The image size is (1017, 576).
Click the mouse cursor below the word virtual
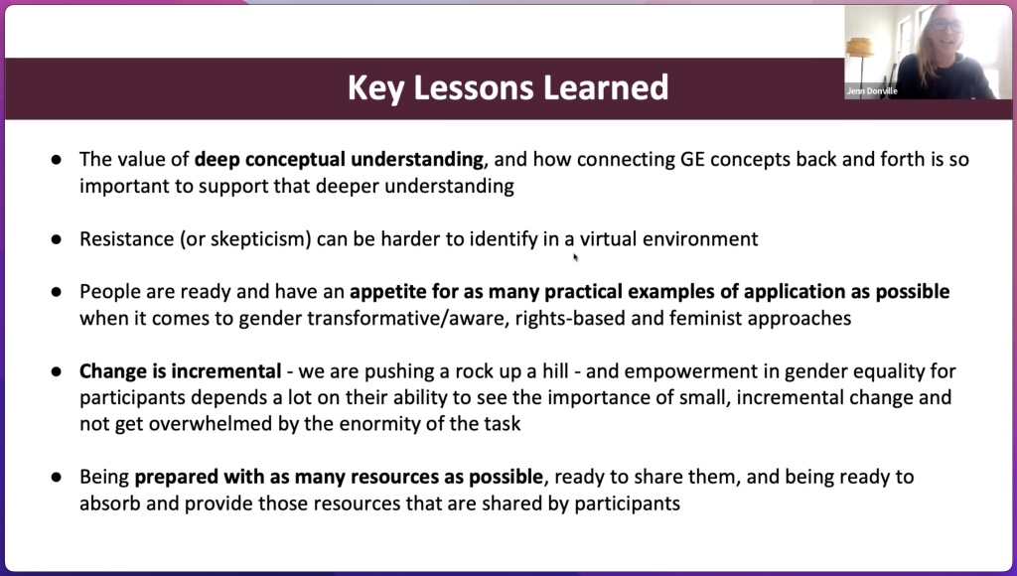[x=575, y=257]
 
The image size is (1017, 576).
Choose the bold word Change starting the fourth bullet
[x=111, y=371]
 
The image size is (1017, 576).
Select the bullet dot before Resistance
[x=57, y=239]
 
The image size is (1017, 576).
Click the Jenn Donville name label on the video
[x=871, y=91]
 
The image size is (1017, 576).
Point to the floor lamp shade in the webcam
[x=860, y=47]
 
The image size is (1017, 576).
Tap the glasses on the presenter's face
[x=946, y=25]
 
